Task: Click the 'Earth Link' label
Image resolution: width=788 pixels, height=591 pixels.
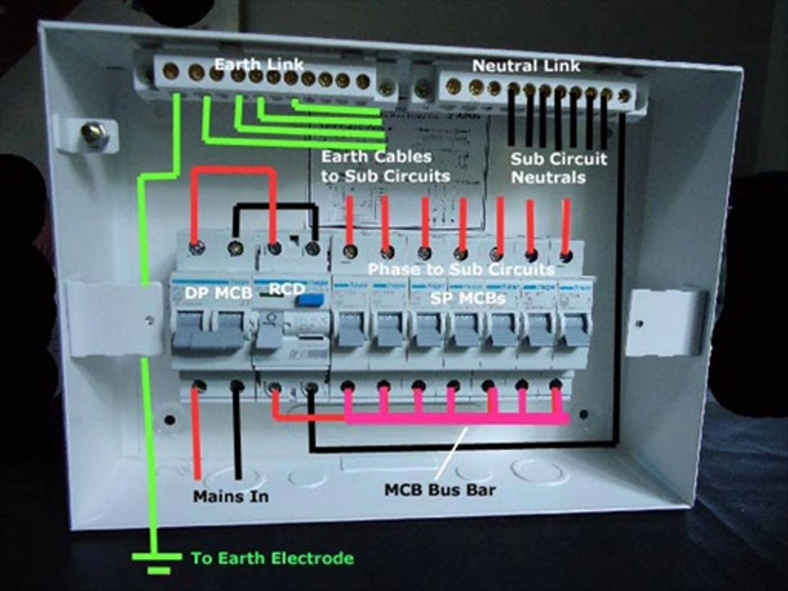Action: coord(259,64)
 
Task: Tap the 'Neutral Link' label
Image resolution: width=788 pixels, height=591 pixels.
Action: coord(526,65)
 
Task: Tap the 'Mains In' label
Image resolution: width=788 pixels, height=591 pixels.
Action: coord(231,497)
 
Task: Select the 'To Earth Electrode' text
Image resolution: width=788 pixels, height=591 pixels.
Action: coord(272,559)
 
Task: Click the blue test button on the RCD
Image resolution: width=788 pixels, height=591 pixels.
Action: coord(308,300)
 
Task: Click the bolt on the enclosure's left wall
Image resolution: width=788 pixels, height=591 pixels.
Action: coord(94,135)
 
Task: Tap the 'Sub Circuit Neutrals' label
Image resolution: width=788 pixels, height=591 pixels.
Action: coord(559,167)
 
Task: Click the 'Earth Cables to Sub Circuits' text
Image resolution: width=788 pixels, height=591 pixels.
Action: coord(385,166)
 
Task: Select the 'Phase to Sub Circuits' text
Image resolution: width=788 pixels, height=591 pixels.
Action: coord(460,269)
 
